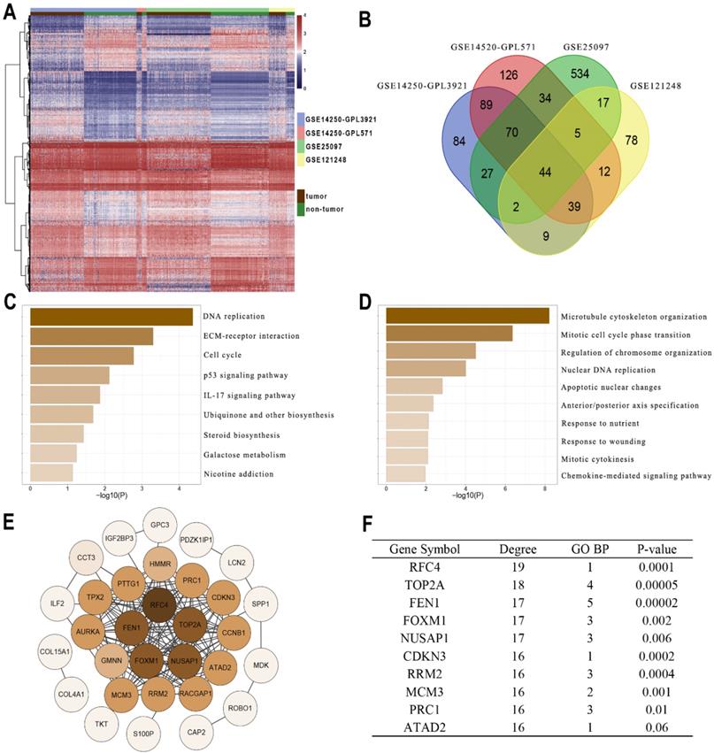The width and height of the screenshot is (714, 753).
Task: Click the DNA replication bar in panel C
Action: (x=111, y=317)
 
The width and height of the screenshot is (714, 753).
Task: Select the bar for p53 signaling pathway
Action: (x=70, y=375)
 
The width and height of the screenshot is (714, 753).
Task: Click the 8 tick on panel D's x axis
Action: (x=545, y=488)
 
